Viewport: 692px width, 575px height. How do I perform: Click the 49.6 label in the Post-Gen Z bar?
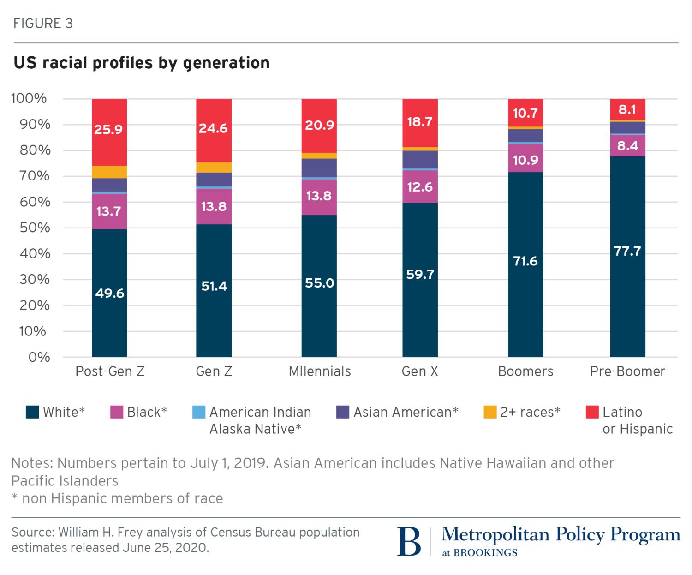coord(110,293)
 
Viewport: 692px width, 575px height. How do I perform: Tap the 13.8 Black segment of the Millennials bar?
coord(319,196)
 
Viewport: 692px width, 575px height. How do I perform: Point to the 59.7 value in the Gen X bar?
coord(420,275)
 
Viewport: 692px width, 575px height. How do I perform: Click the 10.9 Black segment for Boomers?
coord(525,160)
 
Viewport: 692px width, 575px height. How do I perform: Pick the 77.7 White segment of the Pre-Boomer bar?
coord(627,252)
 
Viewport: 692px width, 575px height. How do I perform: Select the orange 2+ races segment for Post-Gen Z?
coord(109,172)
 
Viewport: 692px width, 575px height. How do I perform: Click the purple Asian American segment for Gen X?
coord(420,160)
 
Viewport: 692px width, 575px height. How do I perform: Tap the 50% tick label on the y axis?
coord(31,228)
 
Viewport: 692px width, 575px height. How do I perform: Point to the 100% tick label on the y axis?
coord(29,98)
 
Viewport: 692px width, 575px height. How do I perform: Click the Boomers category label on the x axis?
coord(525,371)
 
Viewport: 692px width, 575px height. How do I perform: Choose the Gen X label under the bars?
coord(420,371)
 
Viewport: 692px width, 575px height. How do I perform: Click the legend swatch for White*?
coord(32,412)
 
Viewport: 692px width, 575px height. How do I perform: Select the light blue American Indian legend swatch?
coord(198,412)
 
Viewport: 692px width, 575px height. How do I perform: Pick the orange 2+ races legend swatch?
coord(490,412)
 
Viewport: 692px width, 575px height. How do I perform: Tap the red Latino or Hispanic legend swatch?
coord(592,412)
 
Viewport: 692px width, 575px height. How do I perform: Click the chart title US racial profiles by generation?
coord(142,63)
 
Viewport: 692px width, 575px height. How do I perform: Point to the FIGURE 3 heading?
coord(43,24)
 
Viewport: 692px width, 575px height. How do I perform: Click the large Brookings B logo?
coord(409,541)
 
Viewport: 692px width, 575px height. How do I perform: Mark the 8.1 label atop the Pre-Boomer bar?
coord(627,109)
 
